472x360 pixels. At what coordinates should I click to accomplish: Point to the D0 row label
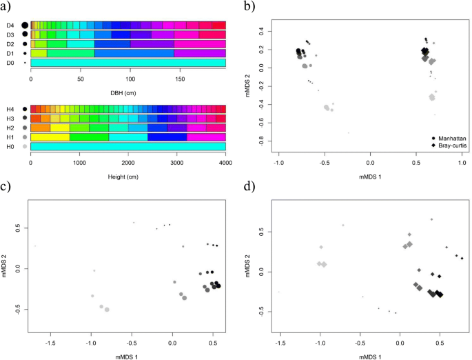(x=10, y=63)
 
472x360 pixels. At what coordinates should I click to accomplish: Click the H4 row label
(x=10, y=109)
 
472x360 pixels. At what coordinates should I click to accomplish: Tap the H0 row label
(x=10, y=147)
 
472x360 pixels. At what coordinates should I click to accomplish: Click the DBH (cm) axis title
(x=128, y=90)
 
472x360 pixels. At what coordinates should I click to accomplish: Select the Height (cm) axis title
(x=128, y=175)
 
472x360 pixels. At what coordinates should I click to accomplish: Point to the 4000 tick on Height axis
(x=225, y=164)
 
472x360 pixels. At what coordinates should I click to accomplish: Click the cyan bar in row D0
(x=128, y=63)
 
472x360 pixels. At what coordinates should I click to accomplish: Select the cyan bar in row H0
(x=128, y=147)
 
